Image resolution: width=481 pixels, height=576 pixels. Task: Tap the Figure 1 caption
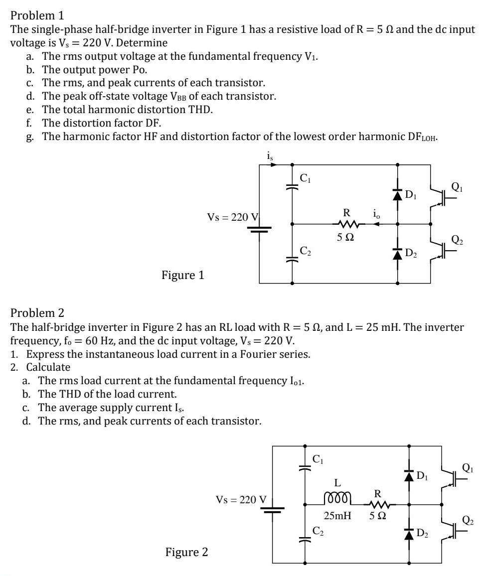point(182,275)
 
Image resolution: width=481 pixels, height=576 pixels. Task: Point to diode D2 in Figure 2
point(409,535)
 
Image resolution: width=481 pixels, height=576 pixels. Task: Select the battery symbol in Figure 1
point(259,231)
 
